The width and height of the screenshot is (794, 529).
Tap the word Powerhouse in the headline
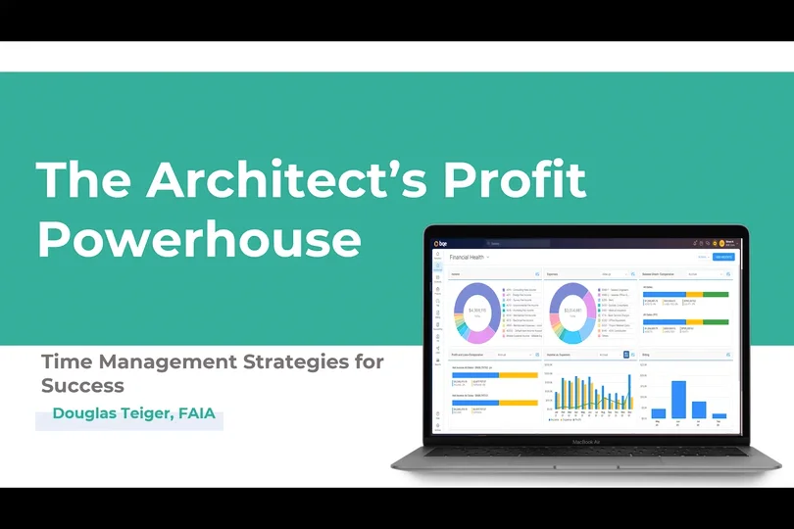tap(198, 238)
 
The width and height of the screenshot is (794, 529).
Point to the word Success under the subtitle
tap(82, 385)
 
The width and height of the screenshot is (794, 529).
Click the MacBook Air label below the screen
tap(587, 442)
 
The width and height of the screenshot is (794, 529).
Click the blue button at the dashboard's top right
tap(723, 257)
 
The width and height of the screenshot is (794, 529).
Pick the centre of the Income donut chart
tap(476, 311)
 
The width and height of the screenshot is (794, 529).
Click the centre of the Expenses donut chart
tap(571, 311)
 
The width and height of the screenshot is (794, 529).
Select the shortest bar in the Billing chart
tap(720, 416)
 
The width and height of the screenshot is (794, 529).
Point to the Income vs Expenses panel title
tap(561, 354)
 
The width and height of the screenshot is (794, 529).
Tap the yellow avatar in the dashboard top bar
tap(720, 243)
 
